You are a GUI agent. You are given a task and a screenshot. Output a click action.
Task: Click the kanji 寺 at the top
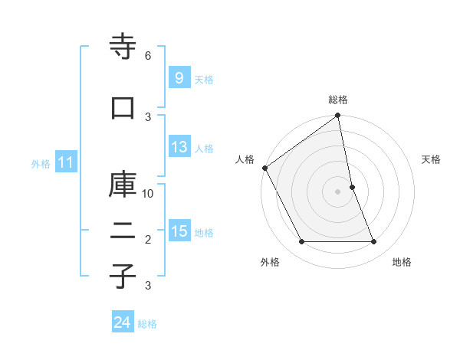[x=123, y=47]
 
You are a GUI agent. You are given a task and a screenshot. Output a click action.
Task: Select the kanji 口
[x=123, y=108]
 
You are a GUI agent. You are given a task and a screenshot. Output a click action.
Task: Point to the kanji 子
[x=123, y=277]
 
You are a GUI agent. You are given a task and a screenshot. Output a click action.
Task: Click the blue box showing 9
[x=179, y=77]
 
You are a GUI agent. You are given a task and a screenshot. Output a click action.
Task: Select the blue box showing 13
[x=179, y=148]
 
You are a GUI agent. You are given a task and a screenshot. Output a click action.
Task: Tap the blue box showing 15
[x=179, y=232]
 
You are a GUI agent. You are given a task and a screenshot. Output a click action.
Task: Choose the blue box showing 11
[x=66, y=162]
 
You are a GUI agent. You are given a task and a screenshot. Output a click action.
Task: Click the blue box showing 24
[x=123, y=323]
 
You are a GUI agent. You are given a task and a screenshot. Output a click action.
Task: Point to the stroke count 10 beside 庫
[x=149, y=193]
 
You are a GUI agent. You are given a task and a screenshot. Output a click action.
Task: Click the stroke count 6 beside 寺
[x=148, y=55]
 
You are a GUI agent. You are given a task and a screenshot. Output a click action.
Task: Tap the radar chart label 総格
[x=338, y=100]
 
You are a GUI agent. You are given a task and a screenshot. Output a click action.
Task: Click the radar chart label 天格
[x=432, y=159]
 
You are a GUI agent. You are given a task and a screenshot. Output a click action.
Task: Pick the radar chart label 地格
[x=402, y=262]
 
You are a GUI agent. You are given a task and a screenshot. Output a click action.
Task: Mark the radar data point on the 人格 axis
[x=264, y=168]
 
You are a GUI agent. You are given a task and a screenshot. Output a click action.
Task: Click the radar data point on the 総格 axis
[x=338, y=116]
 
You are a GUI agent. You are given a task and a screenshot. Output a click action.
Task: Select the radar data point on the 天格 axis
[x=352, y=187]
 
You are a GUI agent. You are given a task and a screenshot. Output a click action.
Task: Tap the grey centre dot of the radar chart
[x=338, y=191]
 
